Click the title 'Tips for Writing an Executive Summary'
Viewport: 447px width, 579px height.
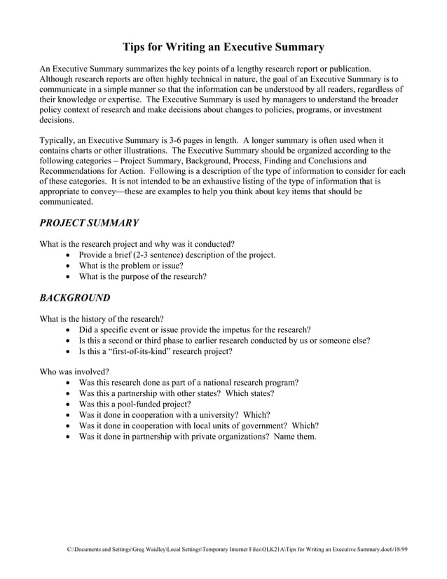click(224, 48)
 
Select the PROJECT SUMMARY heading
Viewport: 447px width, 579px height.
click(88, 223)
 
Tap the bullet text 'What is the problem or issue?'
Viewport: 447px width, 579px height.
click(131, 266)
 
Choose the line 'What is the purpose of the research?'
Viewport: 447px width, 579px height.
click(142, 277)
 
